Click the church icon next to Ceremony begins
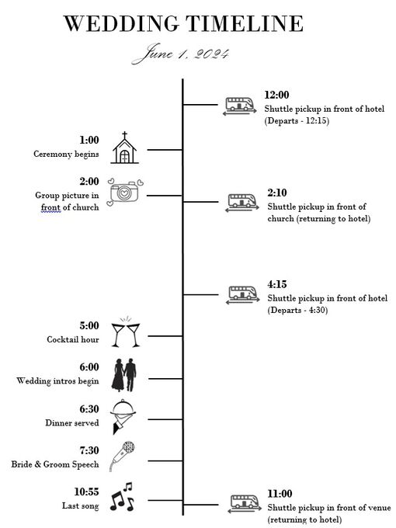pyautogui.click(x=124, y=148)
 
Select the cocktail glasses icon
pyautogui.click(x=126, y=332)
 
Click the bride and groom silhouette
pyautogui.click(x=124, y=375)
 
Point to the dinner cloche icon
pyautogui.click(x=123, y=416)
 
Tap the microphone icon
pyautogui.click(x=122, y=457)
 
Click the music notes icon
pyautogui.click(x=122, y=497)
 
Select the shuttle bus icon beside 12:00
pyautogui.click(x=239, y=106)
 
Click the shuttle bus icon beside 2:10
pyautogui.click(x=242, y=203)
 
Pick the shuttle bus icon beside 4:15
pyautogui.click(x=243, y=294)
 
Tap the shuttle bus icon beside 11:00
pyautogui.click(x=245, y=504)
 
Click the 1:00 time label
pyautogui.click(x=89, y=140)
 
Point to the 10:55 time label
pyautogui.click(x=86, y=492)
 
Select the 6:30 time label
pyautogui.click(x=89, y=408)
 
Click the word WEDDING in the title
pyautogui.click(x=121, y=23)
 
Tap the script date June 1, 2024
pyautogui.click(x=181, y=54)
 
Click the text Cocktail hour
pyautogui.click(x=73, y=339)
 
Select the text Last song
pyautogui.click(x=81, y=505)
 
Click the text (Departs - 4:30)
pyautogui.click(x=297, y=310)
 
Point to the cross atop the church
pyautogui.click(x=124, y=135)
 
